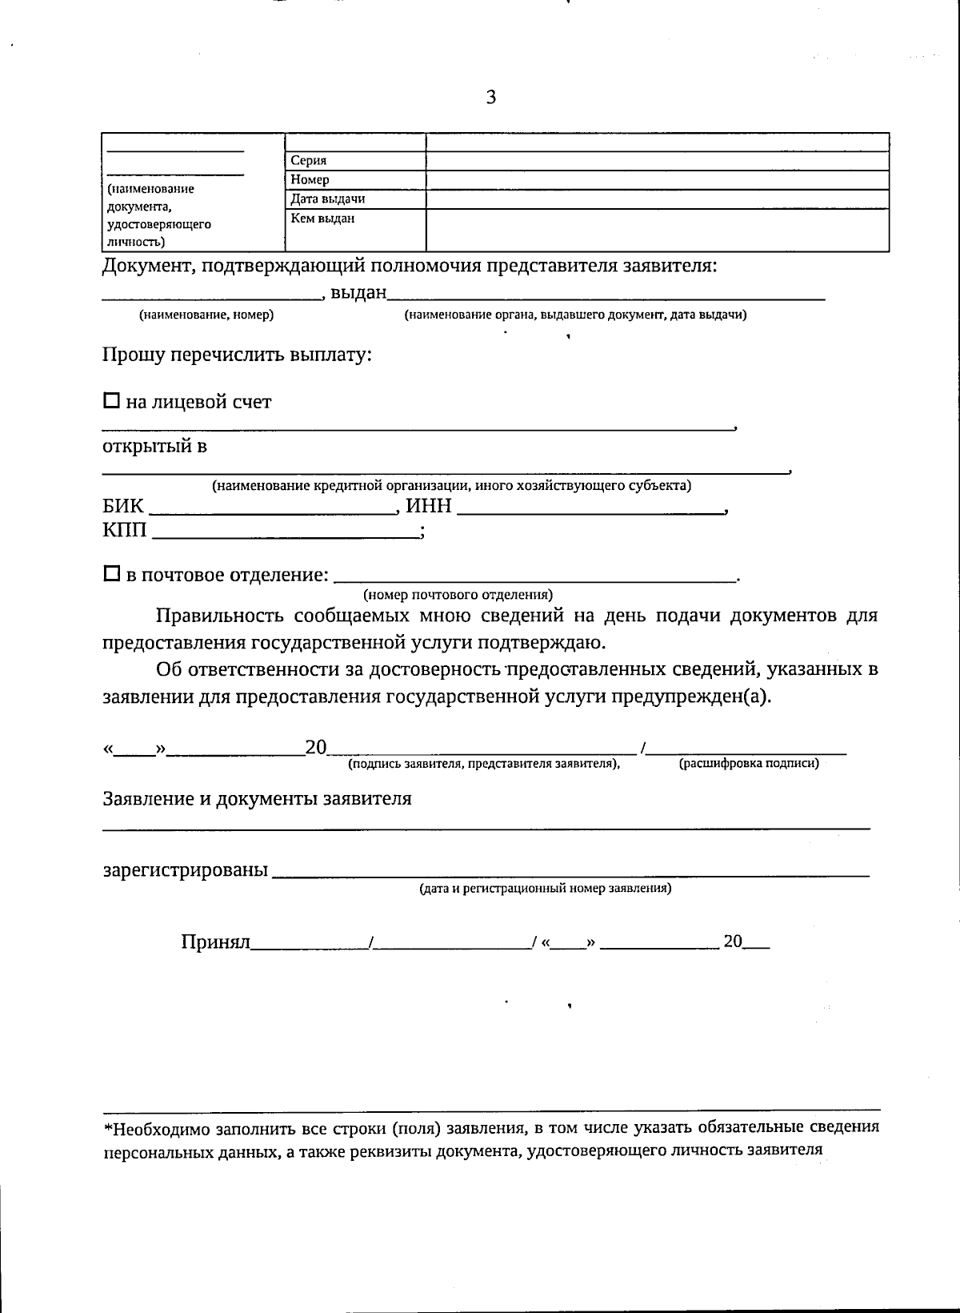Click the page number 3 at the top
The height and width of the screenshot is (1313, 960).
pyautogui.click(x=490, y=98)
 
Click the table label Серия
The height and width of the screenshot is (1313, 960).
pyautogui.click(x=309, y=161)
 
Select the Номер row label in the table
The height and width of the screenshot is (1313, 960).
pyautogui.click(x=310, y=180)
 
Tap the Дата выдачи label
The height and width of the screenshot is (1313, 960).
pyautogui.click(x=328, y=199)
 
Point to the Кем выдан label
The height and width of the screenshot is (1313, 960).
pyautogui.click(x=322, y=219)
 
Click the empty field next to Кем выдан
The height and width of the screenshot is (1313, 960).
pyautogui.click(x=656, y=230)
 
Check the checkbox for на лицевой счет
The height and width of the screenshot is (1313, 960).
pyautogui.click(x=112, y=400)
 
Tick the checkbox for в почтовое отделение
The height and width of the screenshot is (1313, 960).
pyautogui.click(x=112, y=574)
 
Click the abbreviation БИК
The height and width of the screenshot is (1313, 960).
pyautogui.click(x=123, y=506)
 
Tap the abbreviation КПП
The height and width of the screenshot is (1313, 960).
pyautogui.click(x=125, y=530)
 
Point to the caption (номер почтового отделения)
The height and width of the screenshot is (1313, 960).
pyautogui.click(x=458, y=595)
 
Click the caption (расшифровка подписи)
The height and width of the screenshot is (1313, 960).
pyautogui.click(x=749, y=764)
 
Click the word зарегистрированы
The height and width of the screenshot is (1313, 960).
pyautogui.click(x=185, y=869)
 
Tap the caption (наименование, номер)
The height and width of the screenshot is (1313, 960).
pyautogui.click(x=206, y=315)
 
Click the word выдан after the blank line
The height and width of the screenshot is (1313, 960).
pyautogui.click(x=358, y=293)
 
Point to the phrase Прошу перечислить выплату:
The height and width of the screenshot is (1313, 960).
pyautogui.click(x=237, y=354)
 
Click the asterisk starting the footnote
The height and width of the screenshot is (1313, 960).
pyautogui.click(x=108, y=1129)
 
